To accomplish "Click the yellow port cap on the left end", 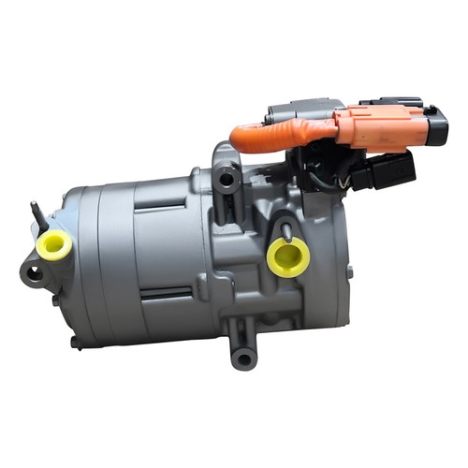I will [x=55, y=246].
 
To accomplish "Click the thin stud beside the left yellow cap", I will [x=37, y=215].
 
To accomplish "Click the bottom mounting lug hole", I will [x=243, y=357].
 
